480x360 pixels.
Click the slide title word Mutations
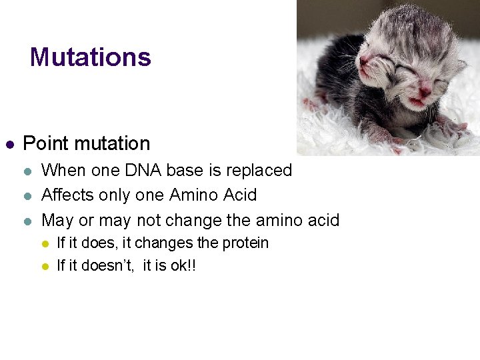click(91, 57)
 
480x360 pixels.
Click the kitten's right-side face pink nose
click(424, 85)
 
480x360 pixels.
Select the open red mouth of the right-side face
click(417, 101)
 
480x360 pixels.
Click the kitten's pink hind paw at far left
click(311, 104)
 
